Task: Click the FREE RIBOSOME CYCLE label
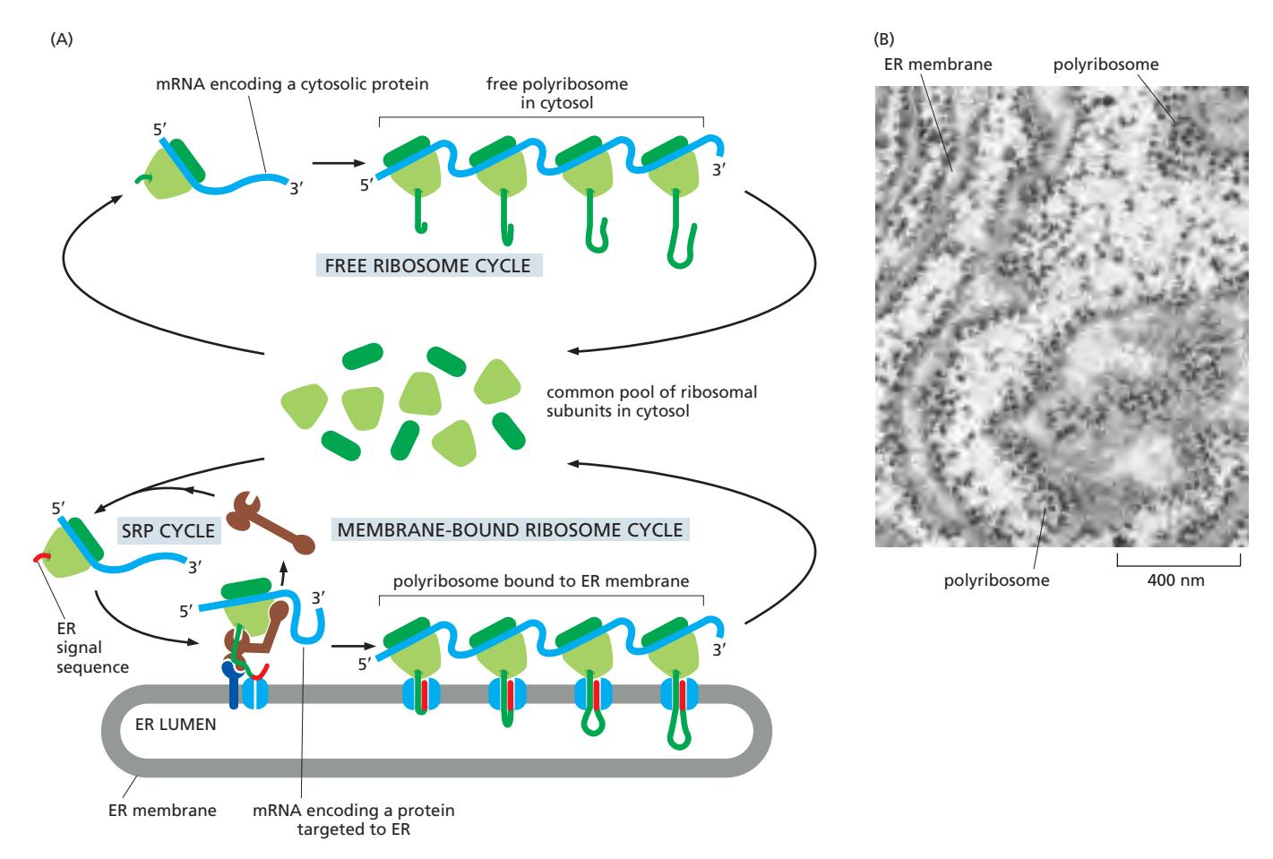428,266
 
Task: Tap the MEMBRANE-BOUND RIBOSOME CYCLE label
510,529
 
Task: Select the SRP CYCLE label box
168,530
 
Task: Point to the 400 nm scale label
1175,580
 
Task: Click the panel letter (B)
882,39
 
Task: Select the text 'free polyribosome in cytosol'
556,93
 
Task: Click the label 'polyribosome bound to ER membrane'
541,581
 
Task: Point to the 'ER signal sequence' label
92,648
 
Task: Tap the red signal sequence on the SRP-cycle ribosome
41,559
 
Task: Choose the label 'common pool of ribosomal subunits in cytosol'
651,402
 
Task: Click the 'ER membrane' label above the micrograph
938,64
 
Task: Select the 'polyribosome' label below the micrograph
996,580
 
